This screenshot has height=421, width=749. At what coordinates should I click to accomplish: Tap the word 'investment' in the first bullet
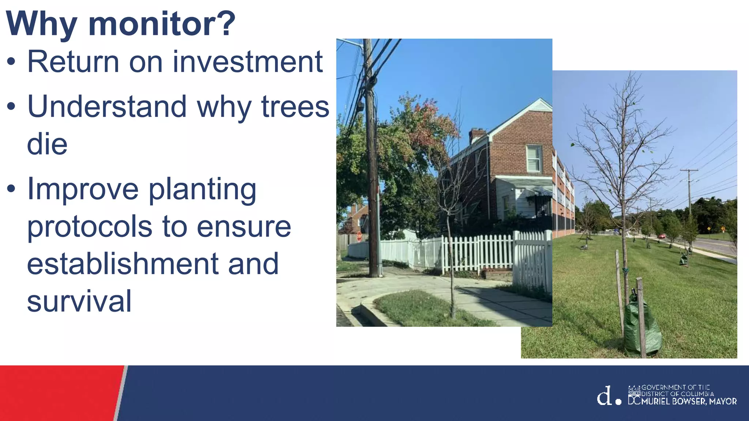pyautogui.click(x=248, y=62)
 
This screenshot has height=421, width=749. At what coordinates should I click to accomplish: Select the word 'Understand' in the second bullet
pyautogui.click(x=107, y=107)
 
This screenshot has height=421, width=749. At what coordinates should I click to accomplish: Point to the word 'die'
pyautogui.click(x=47, y=144)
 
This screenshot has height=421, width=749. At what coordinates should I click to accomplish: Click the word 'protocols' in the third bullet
pyautogui.click(x=89, y=227)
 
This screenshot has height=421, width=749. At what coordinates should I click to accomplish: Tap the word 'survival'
pyautogui.click(x=79, y=301)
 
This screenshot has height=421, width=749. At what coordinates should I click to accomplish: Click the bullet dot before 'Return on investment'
pyautogui.click(x=11, y=62)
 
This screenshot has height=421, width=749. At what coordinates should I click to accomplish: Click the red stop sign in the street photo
pyautogui.click(x=359, y=237)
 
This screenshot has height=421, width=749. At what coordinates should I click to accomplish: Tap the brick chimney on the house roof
pyautogui.click(x=477, y=135)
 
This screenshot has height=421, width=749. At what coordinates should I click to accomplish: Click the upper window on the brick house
pyautogui.click(x=534, y=159)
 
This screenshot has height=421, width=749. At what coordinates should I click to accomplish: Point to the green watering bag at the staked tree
pyautogui.click(x=642, y=327)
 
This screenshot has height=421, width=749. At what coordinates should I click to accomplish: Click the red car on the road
pyautogui.click(x=662, y=236)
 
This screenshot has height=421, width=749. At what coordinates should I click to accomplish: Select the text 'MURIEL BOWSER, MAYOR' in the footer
pyautogui.click(x=689, y=401)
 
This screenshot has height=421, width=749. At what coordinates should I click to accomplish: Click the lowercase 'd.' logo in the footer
pyautogui.click(x=608, y=396)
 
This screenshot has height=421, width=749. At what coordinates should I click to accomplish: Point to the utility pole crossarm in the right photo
pyautogui.click(x=689, y=170)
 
